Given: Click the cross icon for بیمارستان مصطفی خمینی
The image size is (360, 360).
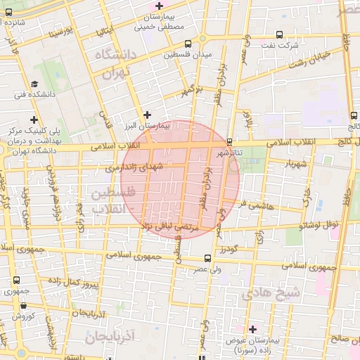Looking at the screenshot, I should tap(160, 6).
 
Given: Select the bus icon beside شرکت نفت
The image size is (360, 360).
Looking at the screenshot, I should tap(279, 34).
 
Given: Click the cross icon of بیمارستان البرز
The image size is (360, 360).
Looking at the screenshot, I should tap(147, 114).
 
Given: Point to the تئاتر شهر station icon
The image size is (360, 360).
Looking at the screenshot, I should tap(229, 142).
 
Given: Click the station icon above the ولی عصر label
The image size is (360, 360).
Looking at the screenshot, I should tap(207, 258).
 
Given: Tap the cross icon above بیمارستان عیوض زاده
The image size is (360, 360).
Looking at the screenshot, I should tap(252, 328).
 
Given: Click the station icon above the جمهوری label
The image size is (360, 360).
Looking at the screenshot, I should tap(16, 280).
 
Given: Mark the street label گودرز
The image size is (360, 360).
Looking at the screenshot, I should tap(228, 249).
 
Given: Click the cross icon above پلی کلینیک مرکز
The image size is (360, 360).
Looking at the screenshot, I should tap(34, 120).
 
